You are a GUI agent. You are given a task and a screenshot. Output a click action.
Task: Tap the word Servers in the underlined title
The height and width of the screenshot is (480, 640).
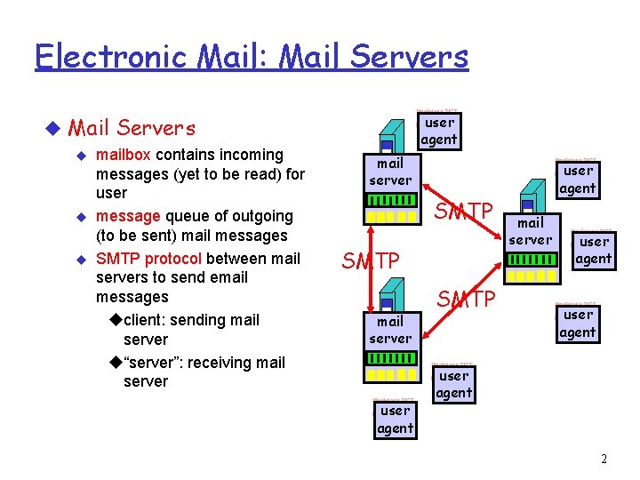coord(409,57)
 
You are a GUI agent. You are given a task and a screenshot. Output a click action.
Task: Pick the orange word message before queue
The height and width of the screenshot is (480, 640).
coord(126,216)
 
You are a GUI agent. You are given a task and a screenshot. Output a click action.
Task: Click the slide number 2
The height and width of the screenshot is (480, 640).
coord(604,459)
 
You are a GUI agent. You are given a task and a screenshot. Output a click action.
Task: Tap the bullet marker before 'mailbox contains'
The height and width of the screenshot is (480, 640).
coord(82,156)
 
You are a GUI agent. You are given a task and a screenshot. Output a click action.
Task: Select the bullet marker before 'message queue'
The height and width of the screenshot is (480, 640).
coord(82,217)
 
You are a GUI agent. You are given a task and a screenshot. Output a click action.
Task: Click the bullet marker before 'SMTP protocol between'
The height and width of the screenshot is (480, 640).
coord(82,260)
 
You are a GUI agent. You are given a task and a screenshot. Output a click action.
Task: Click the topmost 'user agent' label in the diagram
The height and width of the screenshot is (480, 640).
coord(439,131)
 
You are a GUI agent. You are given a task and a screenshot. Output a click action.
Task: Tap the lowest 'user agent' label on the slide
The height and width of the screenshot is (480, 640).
coord(395,420)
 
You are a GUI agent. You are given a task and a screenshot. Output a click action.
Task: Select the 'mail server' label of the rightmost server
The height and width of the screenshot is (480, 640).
coord(531,231)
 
